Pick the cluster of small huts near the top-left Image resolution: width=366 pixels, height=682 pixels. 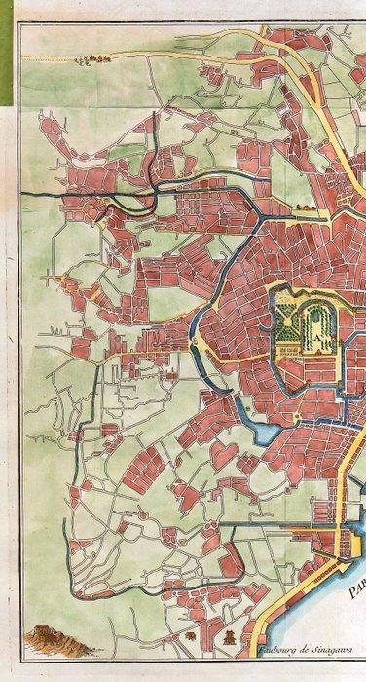pos(95,60)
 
